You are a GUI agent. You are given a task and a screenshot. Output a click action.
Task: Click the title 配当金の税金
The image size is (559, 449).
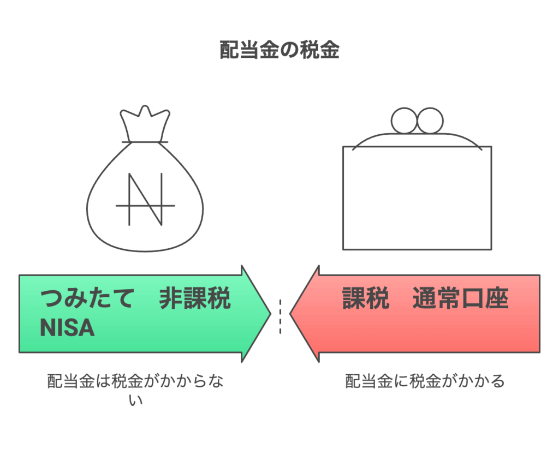pyautogui.click(x=279, y=50)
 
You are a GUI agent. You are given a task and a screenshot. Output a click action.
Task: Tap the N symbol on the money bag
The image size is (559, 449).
pyautogui.click(x=145, y=200)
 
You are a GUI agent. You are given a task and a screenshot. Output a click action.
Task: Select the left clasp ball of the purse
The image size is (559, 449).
pyautogui.click(x=405, y=121)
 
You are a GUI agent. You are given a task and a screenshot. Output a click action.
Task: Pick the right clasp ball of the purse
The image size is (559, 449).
pyautogui.click(x=430, y=121)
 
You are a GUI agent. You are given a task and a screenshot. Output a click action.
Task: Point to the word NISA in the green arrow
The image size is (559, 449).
pyautogui.click(x=67, y=328)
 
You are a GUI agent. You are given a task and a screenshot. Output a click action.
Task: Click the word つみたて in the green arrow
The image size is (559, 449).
pyautogui.click(x=87, y=300)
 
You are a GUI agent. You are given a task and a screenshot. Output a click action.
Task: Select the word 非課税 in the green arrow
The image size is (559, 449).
pyautogui.click(x=195, y=300)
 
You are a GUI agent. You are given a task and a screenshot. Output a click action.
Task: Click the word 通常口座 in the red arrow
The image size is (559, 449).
pyautogui.click(x=461, y=299)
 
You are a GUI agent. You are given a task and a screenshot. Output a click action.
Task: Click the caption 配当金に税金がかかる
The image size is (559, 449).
pyautogui.click(x=425, y=381)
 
